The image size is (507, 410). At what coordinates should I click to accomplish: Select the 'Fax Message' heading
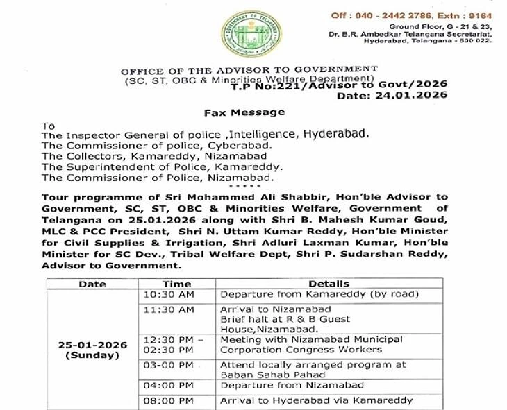(244, 112)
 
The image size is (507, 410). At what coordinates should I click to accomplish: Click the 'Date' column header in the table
(92, 284)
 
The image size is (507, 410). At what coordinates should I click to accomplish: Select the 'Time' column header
(176, 284)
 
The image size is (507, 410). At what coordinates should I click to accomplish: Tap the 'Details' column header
(329, 284)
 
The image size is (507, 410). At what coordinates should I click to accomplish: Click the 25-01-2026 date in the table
(92, 344)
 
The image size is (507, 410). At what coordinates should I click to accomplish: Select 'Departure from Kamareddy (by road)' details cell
(319, 294)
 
